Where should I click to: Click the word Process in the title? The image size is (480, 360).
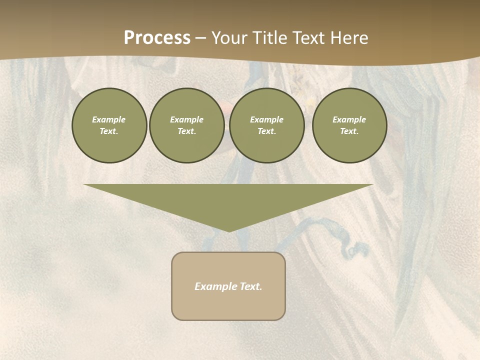pos(157,38)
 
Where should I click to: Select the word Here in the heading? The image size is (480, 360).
pos(349,38)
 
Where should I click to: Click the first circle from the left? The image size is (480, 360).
pos(109,125)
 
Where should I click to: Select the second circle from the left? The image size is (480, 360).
pos(187,125)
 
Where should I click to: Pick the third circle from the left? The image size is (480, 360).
pos(267,125)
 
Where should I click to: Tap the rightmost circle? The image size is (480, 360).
pos(349,125)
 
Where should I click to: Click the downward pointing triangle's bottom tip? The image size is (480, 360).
pos(229,230)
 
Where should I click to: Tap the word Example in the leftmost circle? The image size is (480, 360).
pos(109,119)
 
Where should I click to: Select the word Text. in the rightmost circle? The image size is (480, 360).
pos(349,131)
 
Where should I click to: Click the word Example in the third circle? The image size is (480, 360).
pos(267,119)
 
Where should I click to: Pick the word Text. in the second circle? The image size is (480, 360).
pos(187,131)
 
